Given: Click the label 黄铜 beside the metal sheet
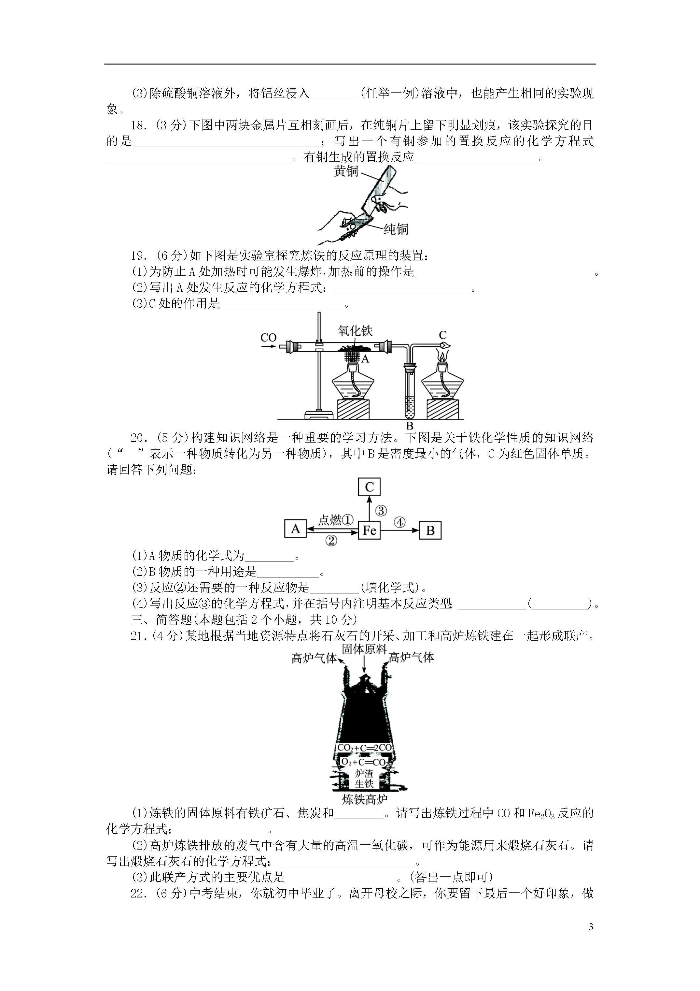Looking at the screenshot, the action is tap(346, 172).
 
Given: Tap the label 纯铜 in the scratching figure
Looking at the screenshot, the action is tap(396, 229).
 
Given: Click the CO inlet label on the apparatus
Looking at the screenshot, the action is tap(268, 338).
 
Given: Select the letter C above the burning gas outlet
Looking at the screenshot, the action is tap(442, 335).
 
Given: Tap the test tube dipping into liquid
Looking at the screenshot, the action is tap(410, 391).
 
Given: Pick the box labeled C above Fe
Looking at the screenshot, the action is tap(370, 487).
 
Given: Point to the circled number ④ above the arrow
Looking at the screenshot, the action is tap(400, 523).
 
